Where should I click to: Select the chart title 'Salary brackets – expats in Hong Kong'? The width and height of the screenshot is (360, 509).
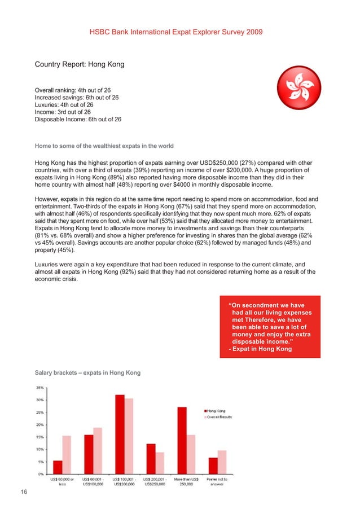[87, 374]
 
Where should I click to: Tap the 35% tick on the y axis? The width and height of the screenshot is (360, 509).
[41, 388]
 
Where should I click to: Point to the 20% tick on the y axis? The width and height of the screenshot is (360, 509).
[41, 424]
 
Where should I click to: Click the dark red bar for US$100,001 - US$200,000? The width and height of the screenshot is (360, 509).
[120, 434]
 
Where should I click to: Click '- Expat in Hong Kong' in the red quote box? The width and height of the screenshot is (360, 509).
[260, 349]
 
